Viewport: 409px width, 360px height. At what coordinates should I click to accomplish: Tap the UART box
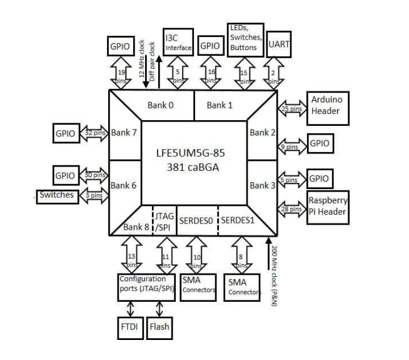pos(279,44)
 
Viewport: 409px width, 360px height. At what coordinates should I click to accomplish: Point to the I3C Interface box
pos(178,42)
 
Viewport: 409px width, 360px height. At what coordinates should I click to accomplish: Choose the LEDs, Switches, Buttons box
pos(245,38)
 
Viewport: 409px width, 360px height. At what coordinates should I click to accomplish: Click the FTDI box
pos(130,326)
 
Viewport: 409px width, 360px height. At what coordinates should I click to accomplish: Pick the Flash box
pos(159,326)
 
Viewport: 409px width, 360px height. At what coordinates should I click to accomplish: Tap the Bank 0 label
pos(161,105)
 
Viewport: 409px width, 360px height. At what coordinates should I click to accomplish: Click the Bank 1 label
pos(220,105)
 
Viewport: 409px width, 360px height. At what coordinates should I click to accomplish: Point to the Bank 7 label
pos(124,133)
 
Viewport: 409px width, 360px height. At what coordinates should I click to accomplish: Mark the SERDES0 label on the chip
pos(196,221)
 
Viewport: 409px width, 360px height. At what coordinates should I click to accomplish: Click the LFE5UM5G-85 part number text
pos(193,152)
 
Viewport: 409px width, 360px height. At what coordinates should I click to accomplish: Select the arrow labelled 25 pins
pos(291,109)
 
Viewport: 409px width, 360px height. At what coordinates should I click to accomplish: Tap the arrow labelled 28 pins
pos(291,209)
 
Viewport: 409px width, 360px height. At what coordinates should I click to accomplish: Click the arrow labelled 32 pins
pos(94,133)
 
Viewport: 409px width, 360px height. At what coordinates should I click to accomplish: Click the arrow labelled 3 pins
pos(94,195)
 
